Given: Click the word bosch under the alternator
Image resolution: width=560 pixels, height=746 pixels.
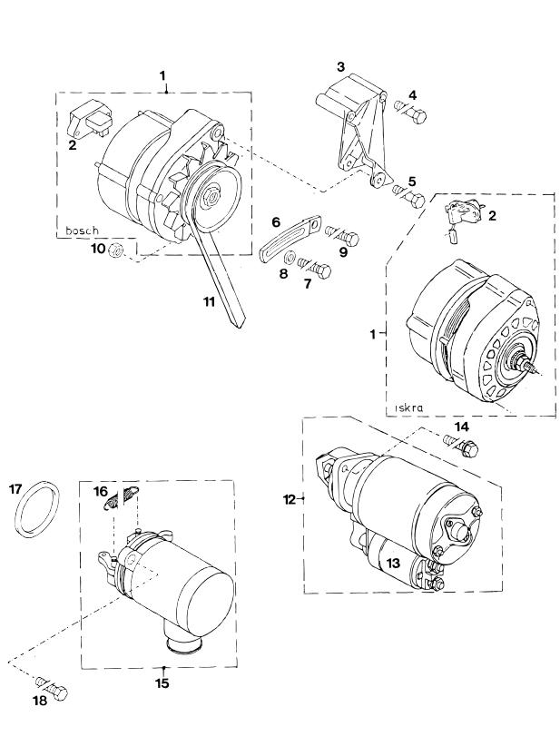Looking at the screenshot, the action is point(82,231).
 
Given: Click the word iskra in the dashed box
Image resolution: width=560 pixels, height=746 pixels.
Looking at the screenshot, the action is point(408,407).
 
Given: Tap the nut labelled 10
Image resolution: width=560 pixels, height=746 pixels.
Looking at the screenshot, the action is point(114,250).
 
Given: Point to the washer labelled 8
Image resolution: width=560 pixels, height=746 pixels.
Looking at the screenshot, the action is point(289,258).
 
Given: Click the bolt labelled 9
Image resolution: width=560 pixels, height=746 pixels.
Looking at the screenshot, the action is point(341,235).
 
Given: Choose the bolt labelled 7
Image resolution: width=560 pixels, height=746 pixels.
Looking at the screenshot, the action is point(314,268).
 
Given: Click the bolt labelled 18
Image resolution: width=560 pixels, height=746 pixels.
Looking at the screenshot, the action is point(52,686).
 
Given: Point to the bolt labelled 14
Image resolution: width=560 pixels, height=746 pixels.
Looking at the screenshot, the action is point(460,446).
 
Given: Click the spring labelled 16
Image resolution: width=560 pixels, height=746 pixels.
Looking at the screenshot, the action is point(122,496).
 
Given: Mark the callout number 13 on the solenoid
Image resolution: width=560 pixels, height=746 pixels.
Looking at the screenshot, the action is point(394,563).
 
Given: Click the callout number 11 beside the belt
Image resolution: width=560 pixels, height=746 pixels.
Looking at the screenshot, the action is point(209,301).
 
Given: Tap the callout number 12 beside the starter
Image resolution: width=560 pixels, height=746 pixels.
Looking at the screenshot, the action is point(289,499).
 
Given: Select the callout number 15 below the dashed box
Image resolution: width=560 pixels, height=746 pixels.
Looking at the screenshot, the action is point(162,682).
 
